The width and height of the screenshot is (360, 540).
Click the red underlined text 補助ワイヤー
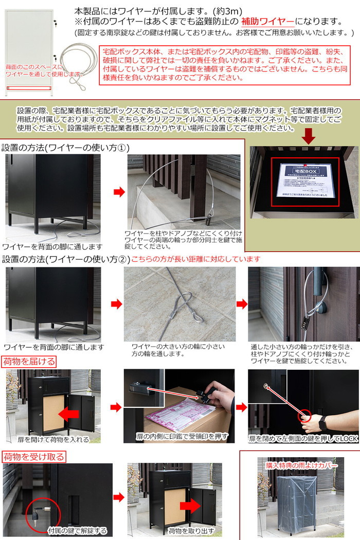tap(268, 22)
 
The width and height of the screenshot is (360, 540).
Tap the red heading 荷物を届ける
tap(29, 361)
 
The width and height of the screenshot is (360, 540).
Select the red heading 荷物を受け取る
tap(33, 456)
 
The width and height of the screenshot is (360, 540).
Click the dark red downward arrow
tap(309, 136)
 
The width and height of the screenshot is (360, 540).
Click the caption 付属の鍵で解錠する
tap(77, 530)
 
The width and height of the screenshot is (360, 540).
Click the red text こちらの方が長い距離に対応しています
tap(196, 259)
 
